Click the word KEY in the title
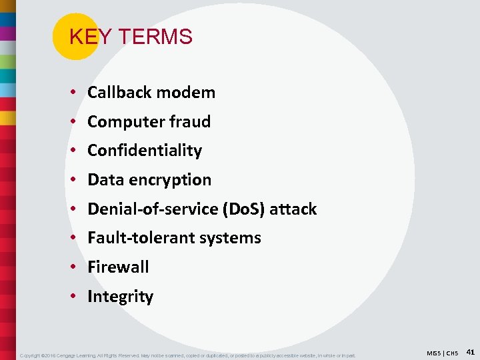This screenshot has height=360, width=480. pyautogui.click(x=83, y=37)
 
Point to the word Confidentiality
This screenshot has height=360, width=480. pyautogui.click(x=145, y=151)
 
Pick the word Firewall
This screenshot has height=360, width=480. pyautogui.click(x=118, y=267)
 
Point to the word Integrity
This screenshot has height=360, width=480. pyautogui.click(x=120, y=297)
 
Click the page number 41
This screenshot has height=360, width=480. pyautogui.click(x=470, y=351)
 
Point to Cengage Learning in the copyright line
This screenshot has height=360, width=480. pyautogui.click(x=78, y=355)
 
